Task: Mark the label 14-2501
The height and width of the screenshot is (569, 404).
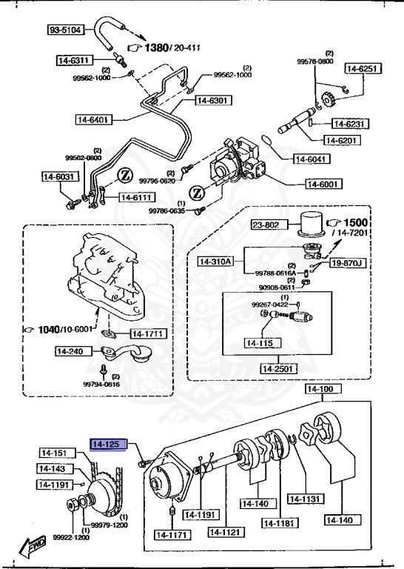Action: (278, 368)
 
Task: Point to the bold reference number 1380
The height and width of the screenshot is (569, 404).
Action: (157, 48)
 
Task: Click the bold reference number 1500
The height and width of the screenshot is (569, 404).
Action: (355, 223)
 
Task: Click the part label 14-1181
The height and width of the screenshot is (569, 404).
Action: (279, 523)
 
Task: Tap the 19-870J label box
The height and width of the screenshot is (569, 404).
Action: (349, 262)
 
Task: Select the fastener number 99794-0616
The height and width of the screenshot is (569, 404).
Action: (102, 385)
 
